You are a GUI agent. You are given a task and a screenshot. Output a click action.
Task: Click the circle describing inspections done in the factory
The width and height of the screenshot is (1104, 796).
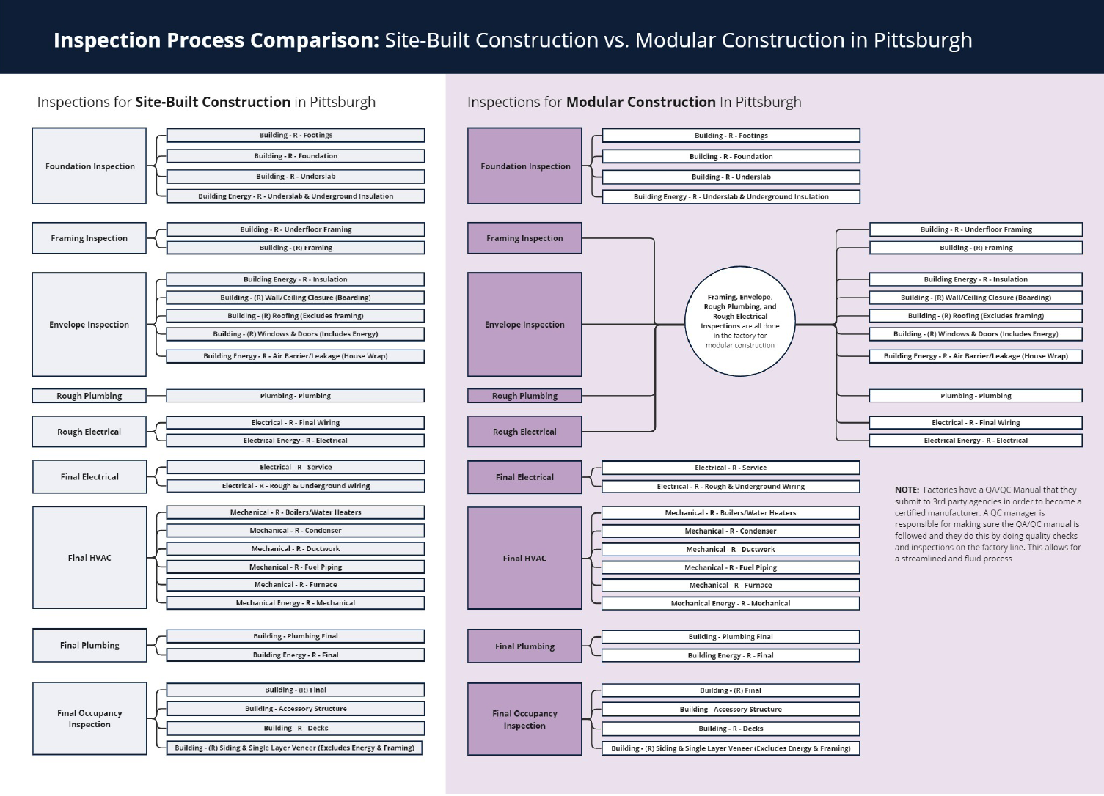pyautogui.click(x=739, y=321)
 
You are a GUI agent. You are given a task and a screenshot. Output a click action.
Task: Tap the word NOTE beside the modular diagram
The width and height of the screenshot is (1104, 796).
pyautogui.click(x=907, y=490)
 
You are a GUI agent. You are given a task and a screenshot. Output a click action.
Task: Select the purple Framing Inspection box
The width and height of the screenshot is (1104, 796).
pyautogui.click(x=524, y=238)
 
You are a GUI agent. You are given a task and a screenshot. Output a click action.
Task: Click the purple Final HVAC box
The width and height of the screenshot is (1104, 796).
pyautogui.click(x=524, y=558)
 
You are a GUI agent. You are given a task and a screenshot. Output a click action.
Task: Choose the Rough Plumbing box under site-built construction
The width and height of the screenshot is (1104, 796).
pyautogui.click(x=89, y=396)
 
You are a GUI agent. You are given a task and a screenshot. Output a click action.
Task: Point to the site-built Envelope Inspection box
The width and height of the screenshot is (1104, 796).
pyautogui.click(x=89, y=324)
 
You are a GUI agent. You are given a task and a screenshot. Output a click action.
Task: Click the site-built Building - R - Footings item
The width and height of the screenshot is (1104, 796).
pyautogui.click(x=296, y=135)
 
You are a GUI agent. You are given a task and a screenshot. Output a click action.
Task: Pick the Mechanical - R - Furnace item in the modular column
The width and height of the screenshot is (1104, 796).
pyautogui.click(x=731, y=585)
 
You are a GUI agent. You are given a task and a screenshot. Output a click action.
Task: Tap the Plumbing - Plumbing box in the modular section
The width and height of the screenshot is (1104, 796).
pyautogui.click(x=976, y=396)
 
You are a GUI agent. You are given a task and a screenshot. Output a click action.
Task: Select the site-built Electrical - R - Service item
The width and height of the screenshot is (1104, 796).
pyautogui.click(x=296, y=467)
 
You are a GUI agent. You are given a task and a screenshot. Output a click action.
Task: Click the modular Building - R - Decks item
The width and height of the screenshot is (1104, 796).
pyautogui.click(x=731, y=729)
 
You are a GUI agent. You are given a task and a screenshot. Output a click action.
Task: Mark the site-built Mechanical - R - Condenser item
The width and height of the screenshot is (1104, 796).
pyautogui.click(x=296, y=531)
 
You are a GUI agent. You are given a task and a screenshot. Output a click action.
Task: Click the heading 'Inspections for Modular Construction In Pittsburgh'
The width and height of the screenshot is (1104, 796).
pyautogui.click(x=635, y=102)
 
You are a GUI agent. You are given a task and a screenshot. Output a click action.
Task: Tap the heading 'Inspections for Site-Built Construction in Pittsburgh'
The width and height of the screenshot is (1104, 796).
pyautogui.click(x=206, y=102)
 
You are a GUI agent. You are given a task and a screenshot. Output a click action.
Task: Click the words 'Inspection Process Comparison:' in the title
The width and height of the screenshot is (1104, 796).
pyautogui.click(x=216, y=40)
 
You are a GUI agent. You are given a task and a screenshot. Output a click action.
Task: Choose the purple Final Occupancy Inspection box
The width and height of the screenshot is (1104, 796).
pyautogui.click(x=524, y=719)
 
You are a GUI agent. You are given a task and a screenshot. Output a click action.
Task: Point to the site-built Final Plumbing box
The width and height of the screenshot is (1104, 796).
pyautogui.click(x=89, y=645)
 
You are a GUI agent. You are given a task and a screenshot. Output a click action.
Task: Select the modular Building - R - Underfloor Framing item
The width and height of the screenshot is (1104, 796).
pyautogui.click(x=976, y=229)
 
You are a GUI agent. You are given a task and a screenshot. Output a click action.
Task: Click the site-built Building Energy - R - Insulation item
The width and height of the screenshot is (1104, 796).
pyautogui.click(x=296, y=279)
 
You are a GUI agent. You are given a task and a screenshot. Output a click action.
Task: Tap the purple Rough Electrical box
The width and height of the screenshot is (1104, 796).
pyautogui.click(x=524, y=432)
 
